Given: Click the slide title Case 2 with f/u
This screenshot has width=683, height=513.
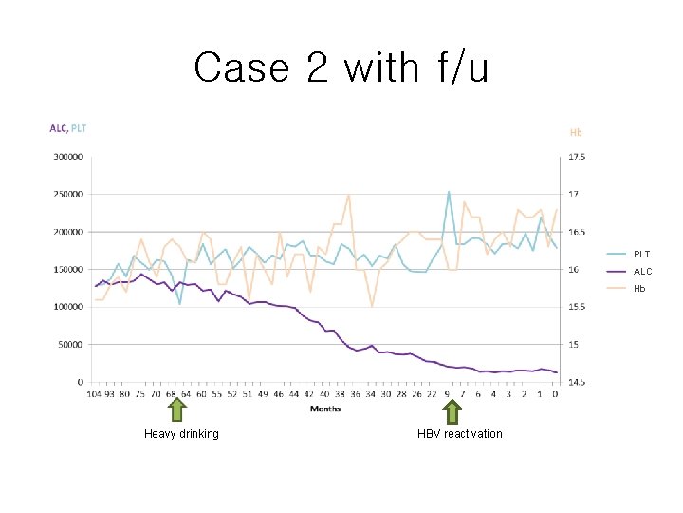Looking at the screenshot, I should coord(341,68).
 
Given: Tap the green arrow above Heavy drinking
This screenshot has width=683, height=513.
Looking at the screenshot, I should coord(177,410).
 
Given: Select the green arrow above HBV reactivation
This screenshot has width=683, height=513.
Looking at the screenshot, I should coord(452,410).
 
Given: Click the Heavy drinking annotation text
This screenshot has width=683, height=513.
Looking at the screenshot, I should coord(181,434).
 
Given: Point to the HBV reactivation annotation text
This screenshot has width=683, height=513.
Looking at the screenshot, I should coord(460,434).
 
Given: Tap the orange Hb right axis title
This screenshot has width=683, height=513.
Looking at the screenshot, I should coord(576,132).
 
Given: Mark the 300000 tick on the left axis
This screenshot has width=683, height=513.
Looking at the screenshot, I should coord(66,157).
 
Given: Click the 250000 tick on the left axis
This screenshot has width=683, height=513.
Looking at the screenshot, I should coord(66,194).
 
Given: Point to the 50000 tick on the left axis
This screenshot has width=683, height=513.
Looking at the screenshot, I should coord(69,344).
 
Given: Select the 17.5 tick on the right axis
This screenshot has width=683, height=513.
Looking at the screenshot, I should coord(576,157).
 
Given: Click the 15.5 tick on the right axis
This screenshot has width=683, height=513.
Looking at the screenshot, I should coord(576,307).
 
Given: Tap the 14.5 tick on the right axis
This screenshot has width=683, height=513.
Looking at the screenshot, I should coord(576,382).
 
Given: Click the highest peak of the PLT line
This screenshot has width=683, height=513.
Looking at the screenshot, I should coord(449,191).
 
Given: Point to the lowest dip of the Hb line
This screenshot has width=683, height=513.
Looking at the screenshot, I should coord(372,307).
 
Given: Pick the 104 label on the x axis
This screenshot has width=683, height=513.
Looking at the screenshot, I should coord(95,393).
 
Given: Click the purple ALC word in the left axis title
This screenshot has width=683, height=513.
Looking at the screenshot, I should coord(58,128).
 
